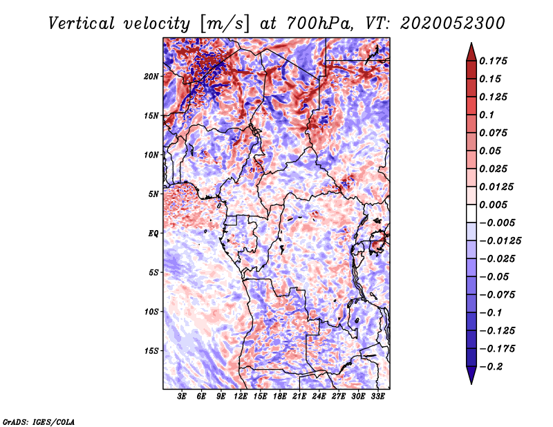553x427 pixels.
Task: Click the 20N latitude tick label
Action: tap(151, 76)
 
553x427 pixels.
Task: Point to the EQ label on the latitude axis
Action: tap(153, 233)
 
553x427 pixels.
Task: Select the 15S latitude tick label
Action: tap(151, 350)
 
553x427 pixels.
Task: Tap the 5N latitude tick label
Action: tap(153, 193)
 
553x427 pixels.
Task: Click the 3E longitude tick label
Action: tap(182, 397)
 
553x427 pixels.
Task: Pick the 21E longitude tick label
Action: tap(299, 397)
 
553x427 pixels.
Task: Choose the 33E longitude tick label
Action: tap(377, 397)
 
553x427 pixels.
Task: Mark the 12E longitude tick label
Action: tap(241, 397)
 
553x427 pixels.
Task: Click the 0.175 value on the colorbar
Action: tap(495, 61)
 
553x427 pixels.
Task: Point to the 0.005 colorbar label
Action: tap(495, 205)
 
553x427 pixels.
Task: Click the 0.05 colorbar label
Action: tap(492, 151)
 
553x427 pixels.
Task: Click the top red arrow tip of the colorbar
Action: tap(471, 46)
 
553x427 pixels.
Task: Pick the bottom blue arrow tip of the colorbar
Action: tap(471, 381)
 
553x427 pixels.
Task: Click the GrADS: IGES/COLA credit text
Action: tap(38, 421)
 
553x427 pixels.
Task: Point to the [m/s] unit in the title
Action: tap(221, 23)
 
